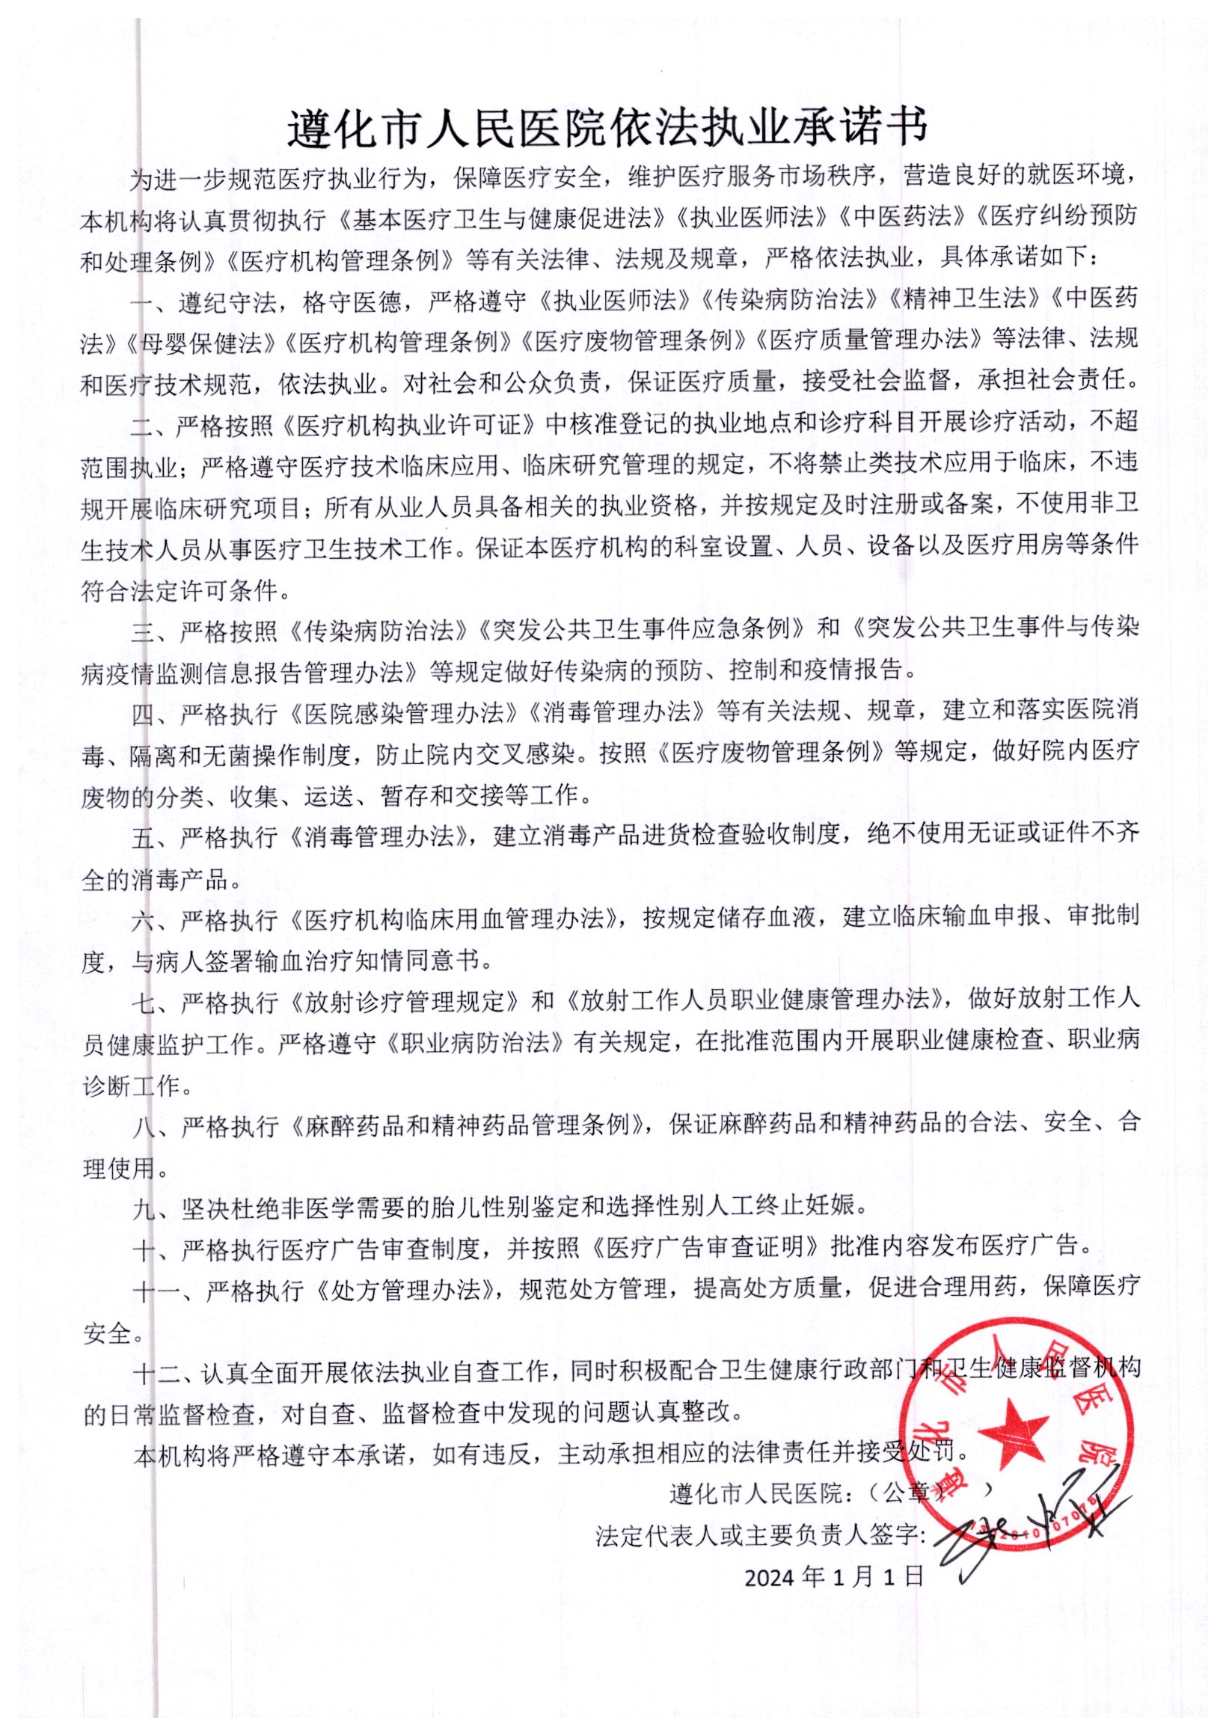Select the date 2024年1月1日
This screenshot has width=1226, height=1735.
[x=834, y=1576]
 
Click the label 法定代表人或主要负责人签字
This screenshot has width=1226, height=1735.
[x=760, y=1534]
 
